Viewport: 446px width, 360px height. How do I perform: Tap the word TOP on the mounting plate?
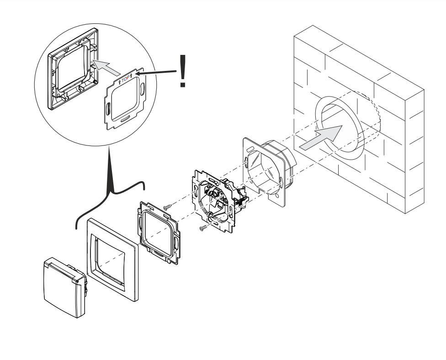coord(125,78)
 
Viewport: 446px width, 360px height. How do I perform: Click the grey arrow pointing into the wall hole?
coord(321,138)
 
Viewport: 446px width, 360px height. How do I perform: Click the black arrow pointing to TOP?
coord(156,72)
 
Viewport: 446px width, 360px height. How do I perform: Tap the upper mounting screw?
coord(168,206)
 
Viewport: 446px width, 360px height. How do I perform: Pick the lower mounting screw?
coord(204,227)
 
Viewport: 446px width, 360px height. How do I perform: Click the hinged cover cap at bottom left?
coord(65,287)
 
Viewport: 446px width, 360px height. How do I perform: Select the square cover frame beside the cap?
coord(112,260)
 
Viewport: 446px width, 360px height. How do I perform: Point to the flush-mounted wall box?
coord(269,171)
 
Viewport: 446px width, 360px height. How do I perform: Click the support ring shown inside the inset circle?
coord(125,98)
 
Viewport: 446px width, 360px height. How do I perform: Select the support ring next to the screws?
coord(159,232)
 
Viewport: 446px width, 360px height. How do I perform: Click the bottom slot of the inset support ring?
coord(125,120)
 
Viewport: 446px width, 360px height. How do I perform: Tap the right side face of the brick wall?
coord(414,151)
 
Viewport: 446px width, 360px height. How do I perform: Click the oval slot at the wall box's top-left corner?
coord(250,149)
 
